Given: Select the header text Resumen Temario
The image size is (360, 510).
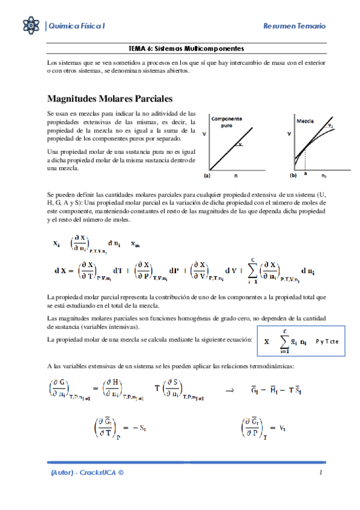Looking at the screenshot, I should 294,26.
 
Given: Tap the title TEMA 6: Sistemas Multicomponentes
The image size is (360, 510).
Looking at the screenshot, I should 186,48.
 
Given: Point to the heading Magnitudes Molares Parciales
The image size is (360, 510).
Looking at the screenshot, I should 110,98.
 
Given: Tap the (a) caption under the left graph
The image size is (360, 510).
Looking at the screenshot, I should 207,177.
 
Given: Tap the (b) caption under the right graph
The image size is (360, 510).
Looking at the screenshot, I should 293,177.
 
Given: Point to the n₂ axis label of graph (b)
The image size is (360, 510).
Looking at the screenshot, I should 323,177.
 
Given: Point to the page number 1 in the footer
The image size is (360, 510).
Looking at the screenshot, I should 321,473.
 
